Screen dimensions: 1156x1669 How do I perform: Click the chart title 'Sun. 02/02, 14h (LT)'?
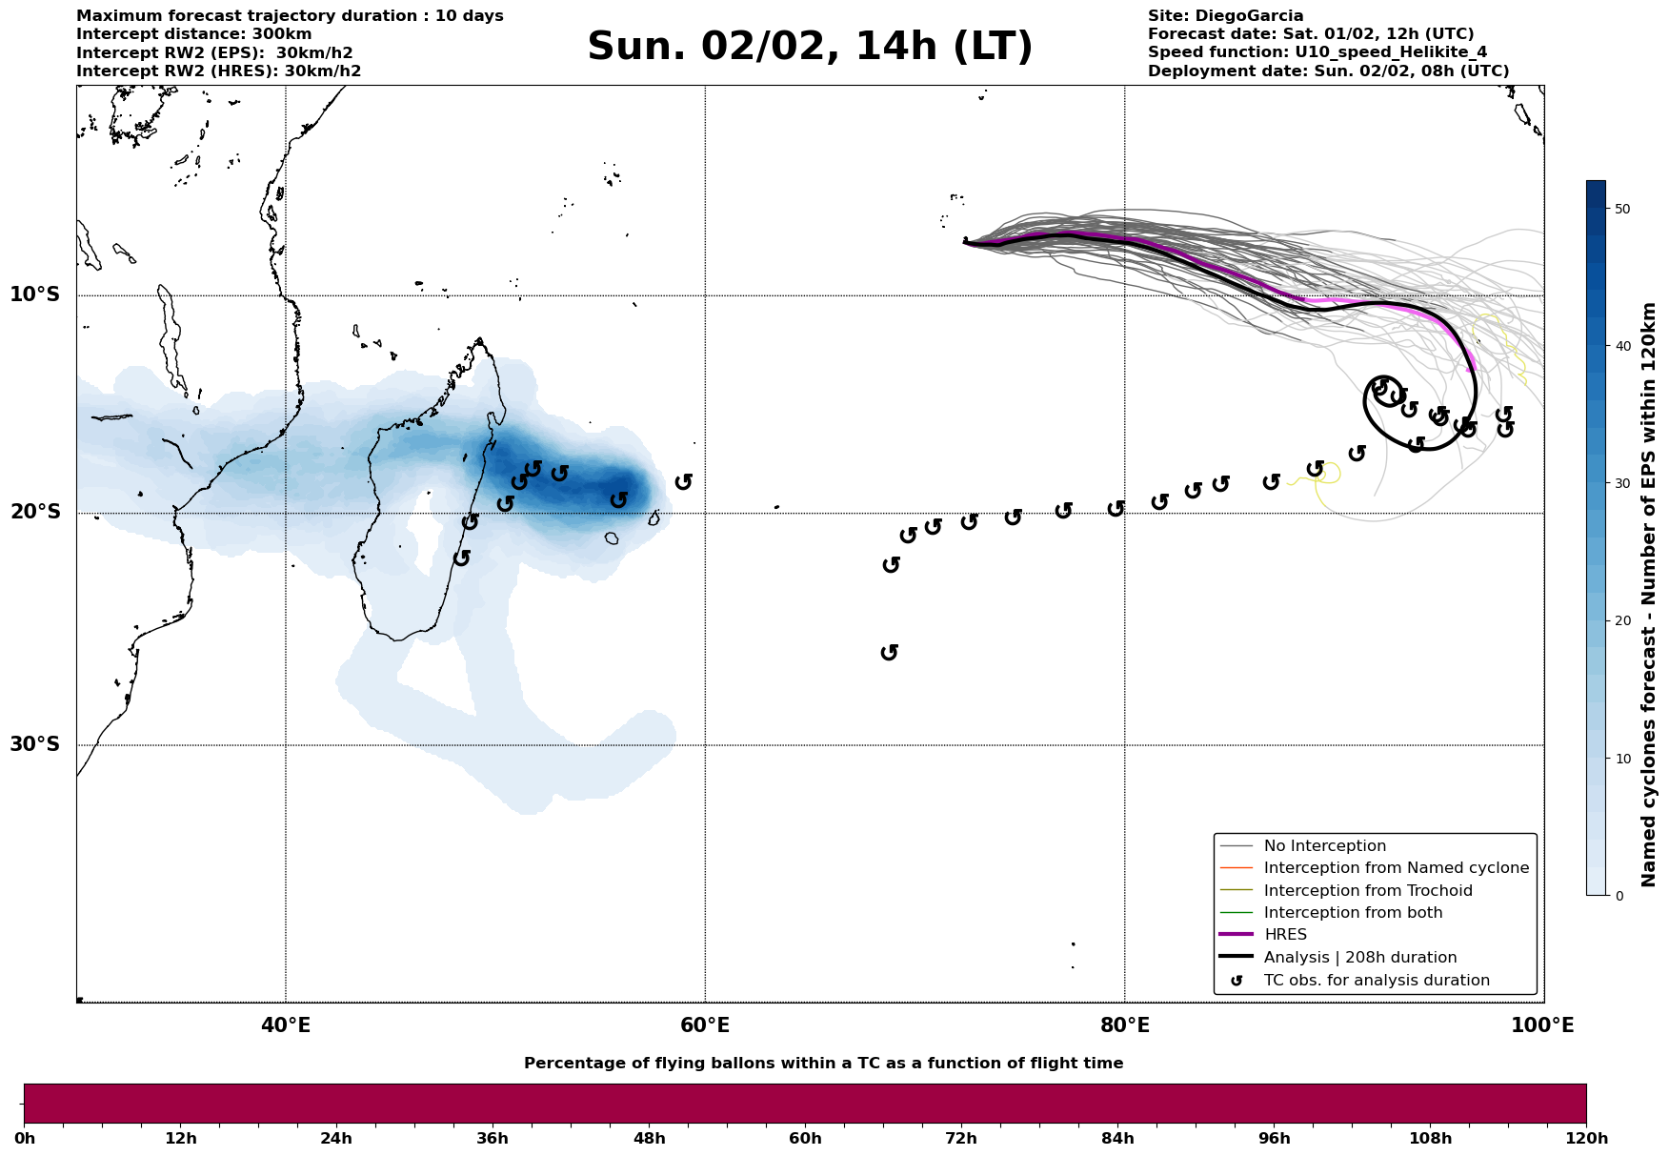(810, 47)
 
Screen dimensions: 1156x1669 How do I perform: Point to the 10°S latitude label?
(35, 294)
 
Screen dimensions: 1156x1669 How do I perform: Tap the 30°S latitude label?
(35, 744)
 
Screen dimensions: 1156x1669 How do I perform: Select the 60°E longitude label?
(705, 1025)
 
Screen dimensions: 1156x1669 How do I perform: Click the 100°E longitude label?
(1543, 1025)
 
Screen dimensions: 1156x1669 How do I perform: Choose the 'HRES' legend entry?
(1285, 935)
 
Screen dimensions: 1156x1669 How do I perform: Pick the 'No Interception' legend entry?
(1324, 846)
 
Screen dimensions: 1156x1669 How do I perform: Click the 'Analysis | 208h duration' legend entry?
(1359, 958)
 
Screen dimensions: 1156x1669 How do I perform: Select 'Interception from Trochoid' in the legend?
(1367, 891)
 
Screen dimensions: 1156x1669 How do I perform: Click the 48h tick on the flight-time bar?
(649, 1139)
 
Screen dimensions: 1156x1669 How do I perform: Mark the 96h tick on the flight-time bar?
(1275, 1139)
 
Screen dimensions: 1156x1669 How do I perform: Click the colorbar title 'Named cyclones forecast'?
(1650, 595)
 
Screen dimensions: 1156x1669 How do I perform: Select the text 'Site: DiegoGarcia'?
(1225, 16)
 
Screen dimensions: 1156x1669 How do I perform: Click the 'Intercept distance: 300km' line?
(193, 34)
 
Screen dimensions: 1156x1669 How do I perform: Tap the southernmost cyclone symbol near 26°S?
(890, 652)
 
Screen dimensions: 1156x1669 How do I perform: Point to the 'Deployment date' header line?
(1328, 71)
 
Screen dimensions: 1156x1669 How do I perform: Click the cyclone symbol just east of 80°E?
(1159, 501)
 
